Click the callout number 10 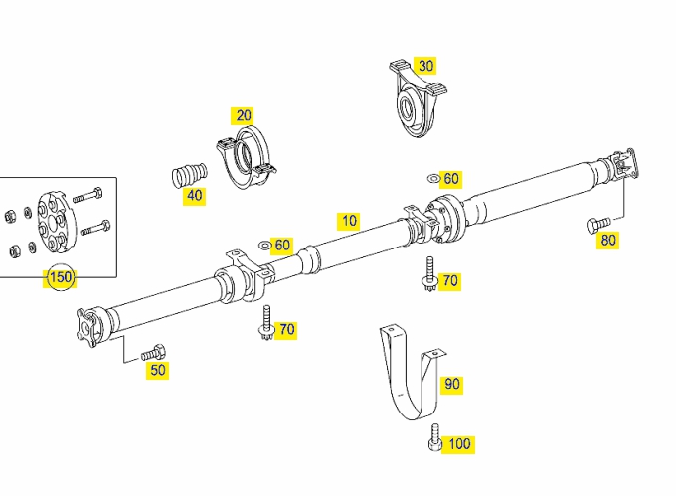click(349, 221)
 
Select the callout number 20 click(244, 115)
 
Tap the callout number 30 click(425, 66)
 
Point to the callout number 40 click(195, 195)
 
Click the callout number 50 click(158, 370)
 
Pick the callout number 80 click(607, 240)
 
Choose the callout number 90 click(451, 384)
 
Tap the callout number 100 click(459, 444)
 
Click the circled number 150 click(61, 277)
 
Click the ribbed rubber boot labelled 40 click(189, 175)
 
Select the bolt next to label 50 click(153, 353)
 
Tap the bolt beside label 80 click(598, 225)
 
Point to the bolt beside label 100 click(435, 437)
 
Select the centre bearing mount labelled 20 click(247, 157)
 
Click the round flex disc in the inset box click(56, 224)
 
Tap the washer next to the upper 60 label click(432, 178)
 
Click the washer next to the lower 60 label click(264, 246)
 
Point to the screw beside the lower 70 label click(266, 322)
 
